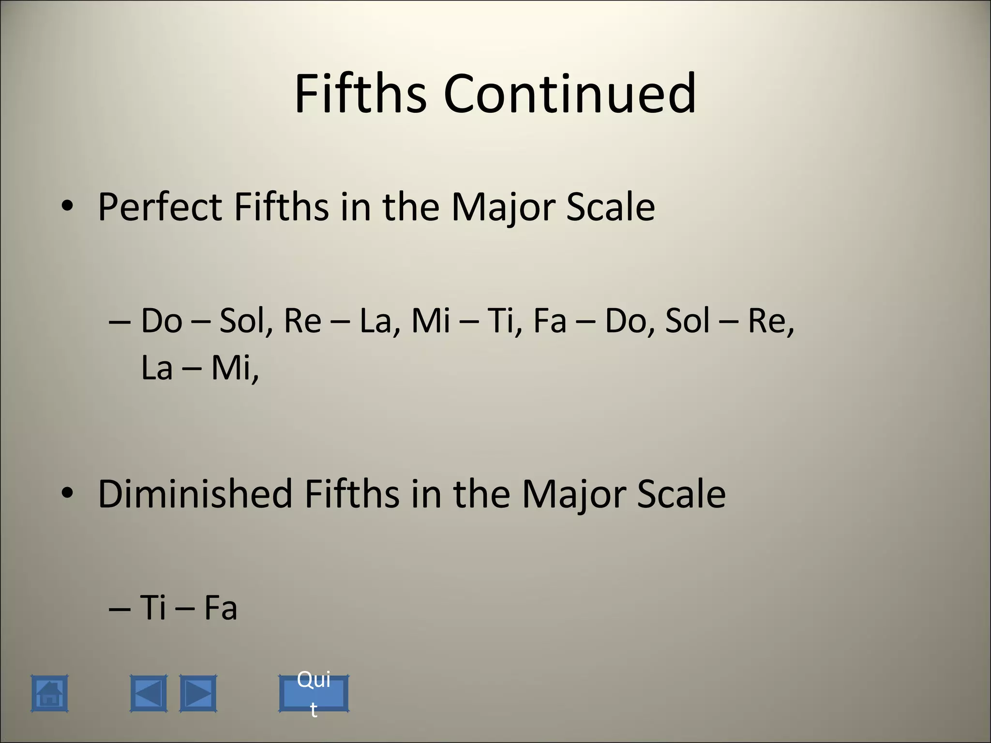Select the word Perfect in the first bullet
160,207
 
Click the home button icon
49,694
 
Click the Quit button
314,694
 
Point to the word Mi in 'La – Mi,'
232,368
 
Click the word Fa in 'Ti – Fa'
221,608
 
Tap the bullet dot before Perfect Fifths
67,207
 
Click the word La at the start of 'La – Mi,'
157,368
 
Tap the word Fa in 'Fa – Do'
550,321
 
